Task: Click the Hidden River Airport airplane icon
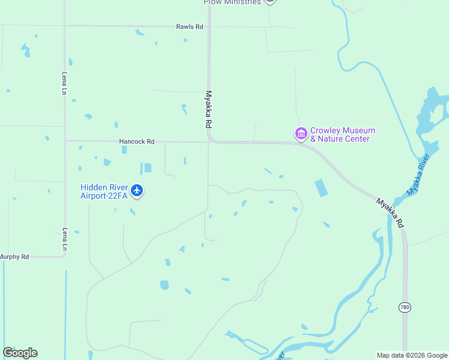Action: coord(137,191)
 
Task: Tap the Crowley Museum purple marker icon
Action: coord(301,134)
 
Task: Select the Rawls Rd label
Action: coord(190,27)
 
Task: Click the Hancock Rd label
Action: coord(137,142)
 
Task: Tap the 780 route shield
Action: coord(405,307)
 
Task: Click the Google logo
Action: coord(20,353)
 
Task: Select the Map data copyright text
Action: coord(412,355)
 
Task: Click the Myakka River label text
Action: coord(419,175)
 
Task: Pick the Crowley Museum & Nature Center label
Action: coord(342,134)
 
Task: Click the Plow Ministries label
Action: coord(232,2)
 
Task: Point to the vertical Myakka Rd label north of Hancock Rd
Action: coord(209,109)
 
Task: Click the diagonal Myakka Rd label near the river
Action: coord(390,212)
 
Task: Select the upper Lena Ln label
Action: coord(64,83)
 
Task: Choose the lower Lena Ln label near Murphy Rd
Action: coord(64,239)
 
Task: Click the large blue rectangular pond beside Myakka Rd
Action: coord(321,188)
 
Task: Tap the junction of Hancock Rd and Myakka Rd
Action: coord(209,142)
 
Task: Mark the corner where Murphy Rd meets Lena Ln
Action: coord(64,257)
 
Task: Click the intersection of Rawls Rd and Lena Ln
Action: coord(65,26)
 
